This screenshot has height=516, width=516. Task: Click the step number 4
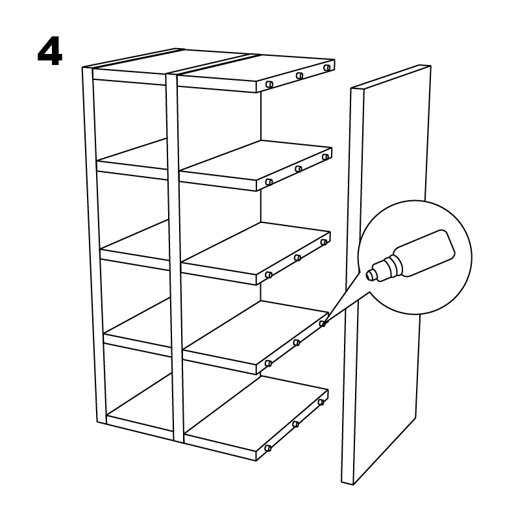[x=50, y=51]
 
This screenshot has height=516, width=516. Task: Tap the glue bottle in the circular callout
[x=411, y=255]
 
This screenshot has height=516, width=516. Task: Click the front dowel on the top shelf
[x=269, y=84]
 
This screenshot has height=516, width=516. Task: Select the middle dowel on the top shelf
[x=299, y=76]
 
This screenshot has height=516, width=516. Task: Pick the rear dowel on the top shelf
[x=326, y=68]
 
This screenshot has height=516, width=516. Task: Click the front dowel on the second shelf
[x=269, y=181]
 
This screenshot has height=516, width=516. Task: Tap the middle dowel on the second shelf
[x=299, y=169]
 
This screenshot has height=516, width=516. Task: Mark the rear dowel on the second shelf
[x=325, y=157]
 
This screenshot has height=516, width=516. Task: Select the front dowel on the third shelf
[x=269, y=274]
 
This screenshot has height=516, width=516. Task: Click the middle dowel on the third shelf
[x=297, y=257]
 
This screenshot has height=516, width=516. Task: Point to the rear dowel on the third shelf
[x=324, y=242]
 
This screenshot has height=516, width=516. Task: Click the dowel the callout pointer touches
[x=323, y=324]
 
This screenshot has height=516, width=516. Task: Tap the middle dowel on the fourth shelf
[x=297, y=342]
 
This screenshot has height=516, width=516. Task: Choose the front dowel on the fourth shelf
[x=268, y=363]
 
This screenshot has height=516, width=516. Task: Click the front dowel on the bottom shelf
[x=268, y=448]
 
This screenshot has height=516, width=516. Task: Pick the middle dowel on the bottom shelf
[x=295, y=424]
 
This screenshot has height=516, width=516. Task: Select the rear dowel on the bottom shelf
[x=321, y=402]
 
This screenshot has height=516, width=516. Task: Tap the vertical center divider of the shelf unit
[x=175, y=257]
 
